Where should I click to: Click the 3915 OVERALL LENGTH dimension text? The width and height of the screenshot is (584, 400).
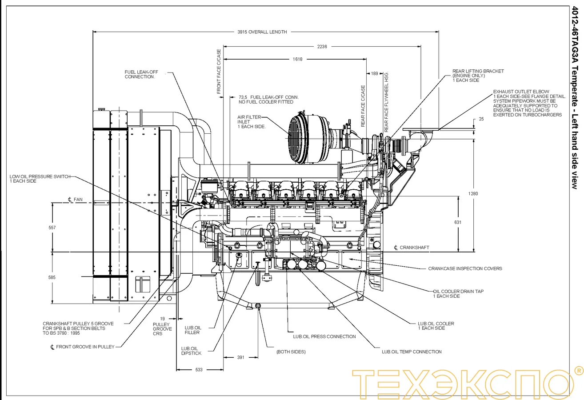(x=262, y=32)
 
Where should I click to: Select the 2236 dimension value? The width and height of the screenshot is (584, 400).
(x=322, y=46)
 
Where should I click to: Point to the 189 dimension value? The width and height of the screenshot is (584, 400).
(x=375, y=73)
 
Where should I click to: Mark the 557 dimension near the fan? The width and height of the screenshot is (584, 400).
(x=52, y=228)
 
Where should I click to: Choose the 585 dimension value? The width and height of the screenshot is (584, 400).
(x=52, y=277)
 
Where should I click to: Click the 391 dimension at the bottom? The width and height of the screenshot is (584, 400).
(x=240, y=357)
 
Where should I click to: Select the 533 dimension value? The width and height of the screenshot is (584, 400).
(x=199, y=369)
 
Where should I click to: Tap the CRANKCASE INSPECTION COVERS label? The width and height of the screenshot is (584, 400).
(x=465, y=268)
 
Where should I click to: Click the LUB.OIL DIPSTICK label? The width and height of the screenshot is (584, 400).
(x=191, y=351)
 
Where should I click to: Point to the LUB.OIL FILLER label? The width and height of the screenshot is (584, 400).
(x=192, y=330)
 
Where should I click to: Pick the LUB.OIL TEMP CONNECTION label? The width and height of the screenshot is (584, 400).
(x=412, y=352)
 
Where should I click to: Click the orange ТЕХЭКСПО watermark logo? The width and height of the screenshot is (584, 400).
(x=462, y=382)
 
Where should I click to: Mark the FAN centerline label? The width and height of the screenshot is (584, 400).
(x=75, y=200)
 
